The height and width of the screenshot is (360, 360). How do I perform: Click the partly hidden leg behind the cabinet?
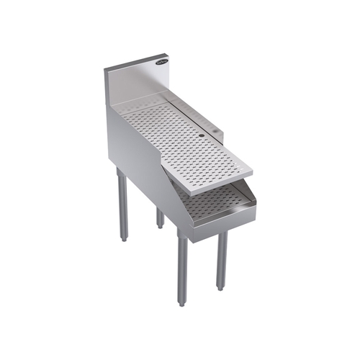click(x=160, y=216)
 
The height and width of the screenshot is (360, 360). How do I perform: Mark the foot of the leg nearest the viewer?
click(x=183, y=301)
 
